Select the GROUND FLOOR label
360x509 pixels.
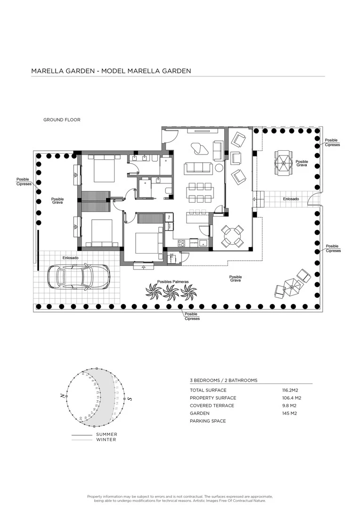(x=62, y=120)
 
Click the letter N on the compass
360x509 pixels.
(x=62, y=397)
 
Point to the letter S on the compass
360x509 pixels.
(x=130, y=399)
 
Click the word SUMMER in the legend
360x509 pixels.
(x=106, y=434)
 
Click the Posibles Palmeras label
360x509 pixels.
(x=173, y=281)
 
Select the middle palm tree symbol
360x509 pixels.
(x=170, y=292)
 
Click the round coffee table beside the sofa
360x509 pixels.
(x=219, y=168)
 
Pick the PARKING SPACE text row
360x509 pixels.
(x=208, y=421)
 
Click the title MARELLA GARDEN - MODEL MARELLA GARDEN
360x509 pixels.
(x=111, y=71)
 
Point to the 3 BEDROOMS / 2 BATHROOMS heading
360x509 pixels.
(x=223, y=380)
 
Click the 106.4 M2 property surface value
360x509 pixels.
(x=291, y=398)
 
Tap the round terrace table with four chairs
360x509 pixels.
(x=233, y=236)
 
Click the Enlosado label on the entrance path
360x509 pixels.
(x=291, y=199)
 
